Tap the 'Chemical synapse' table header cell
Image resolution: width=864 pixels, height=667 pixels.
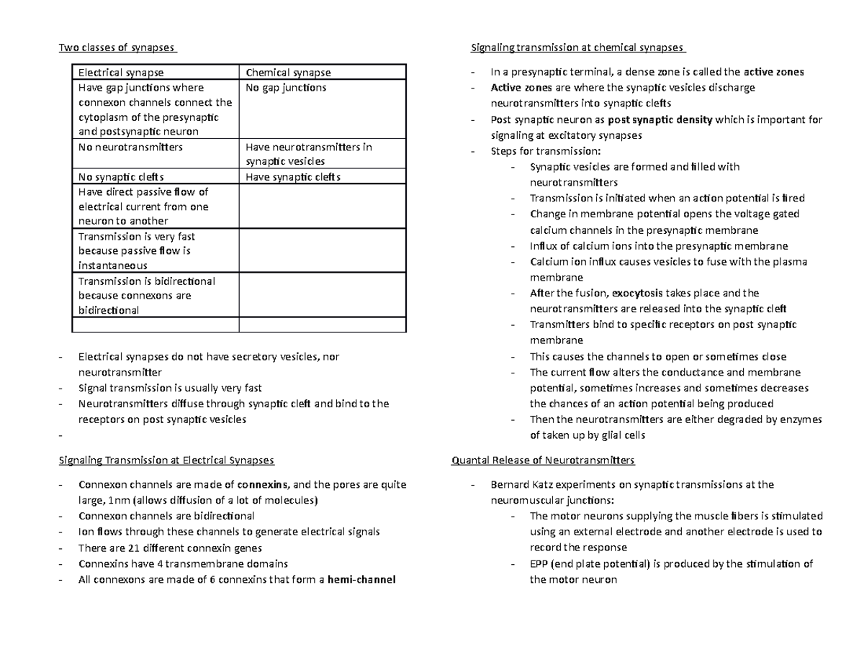point(289,73)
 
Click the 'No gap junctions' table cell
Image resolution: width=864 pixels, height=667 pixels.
point(286,88)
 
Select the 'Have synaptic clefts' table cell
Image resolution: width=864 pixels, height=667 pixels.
point(292,177)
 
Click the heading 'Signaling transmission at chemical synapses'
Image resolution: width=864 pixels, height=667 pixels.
point(577,48)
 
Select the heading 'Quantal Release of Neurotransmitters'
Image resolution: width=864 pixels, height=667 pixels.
point(542,460)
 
